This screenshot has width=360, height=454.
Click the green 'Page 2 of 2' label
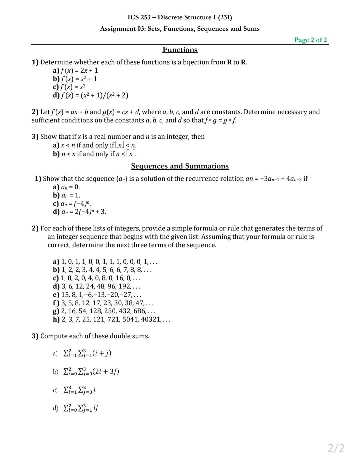coord(310,40)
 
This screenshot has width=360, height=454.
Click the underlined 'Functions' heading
coord(180,50)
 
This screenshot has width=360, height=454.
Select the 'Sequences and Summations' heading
coord(180,166)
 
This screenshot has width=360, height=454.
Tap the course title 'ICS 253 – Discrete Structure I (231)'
coord(180,17)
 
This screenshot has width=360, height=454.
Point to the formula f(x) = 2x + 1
coord(79,70)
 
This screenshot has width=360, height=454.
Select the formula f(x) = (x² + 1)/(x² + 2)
coord(94,95)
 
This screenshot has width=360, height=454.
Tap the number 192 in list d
coord(125,286)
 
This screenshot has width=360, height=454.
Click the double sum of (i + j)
coord(87,353)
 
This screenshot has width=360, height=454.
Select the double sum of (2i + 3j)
coord(91,371)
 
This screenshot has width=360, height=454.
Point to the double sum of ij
coord(80,408)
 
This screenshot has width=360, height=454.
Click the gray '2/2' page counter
coord(336,448)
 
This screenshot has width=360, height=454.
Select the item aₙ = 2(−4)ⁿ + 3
coord(84,211)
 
